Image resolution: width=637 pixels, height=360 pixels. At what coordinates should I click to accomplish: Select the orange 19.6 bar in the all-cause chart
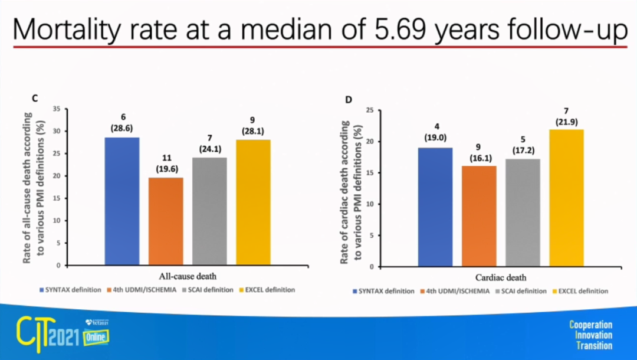tap(166, 221)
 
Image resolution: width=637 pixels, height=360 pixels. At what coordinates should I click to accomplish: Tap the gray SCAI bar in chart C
tap(209, 211)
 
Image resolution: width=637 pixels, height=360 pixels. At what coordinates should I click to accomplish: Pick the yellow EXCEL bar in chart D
tap(567, 198)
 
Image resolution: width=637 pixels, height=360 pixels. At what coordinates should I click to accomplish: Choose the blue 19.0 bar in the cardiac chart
tap(435, 207)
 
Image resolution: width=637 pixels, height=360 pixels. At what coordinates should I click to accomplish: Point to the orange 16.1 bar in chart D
tap(479, 216)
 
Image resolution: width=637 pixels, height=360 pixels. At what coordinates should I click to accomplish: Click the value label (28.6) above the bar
tap(123, 127)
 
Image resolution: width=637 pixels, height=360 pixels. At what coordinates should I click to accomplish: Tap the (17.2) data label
tap(523, 150)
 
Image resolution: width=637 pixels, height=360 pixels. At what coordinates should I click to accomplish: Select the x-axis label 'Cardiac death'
tap(501, 277)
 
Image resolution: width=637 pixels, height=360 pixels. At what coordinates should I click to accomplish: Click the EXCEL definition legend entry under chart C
tap(268, 290)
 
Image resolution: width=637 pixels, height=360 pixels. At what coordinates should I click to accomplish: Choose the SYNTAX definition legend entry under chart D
tap(383, 291)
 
